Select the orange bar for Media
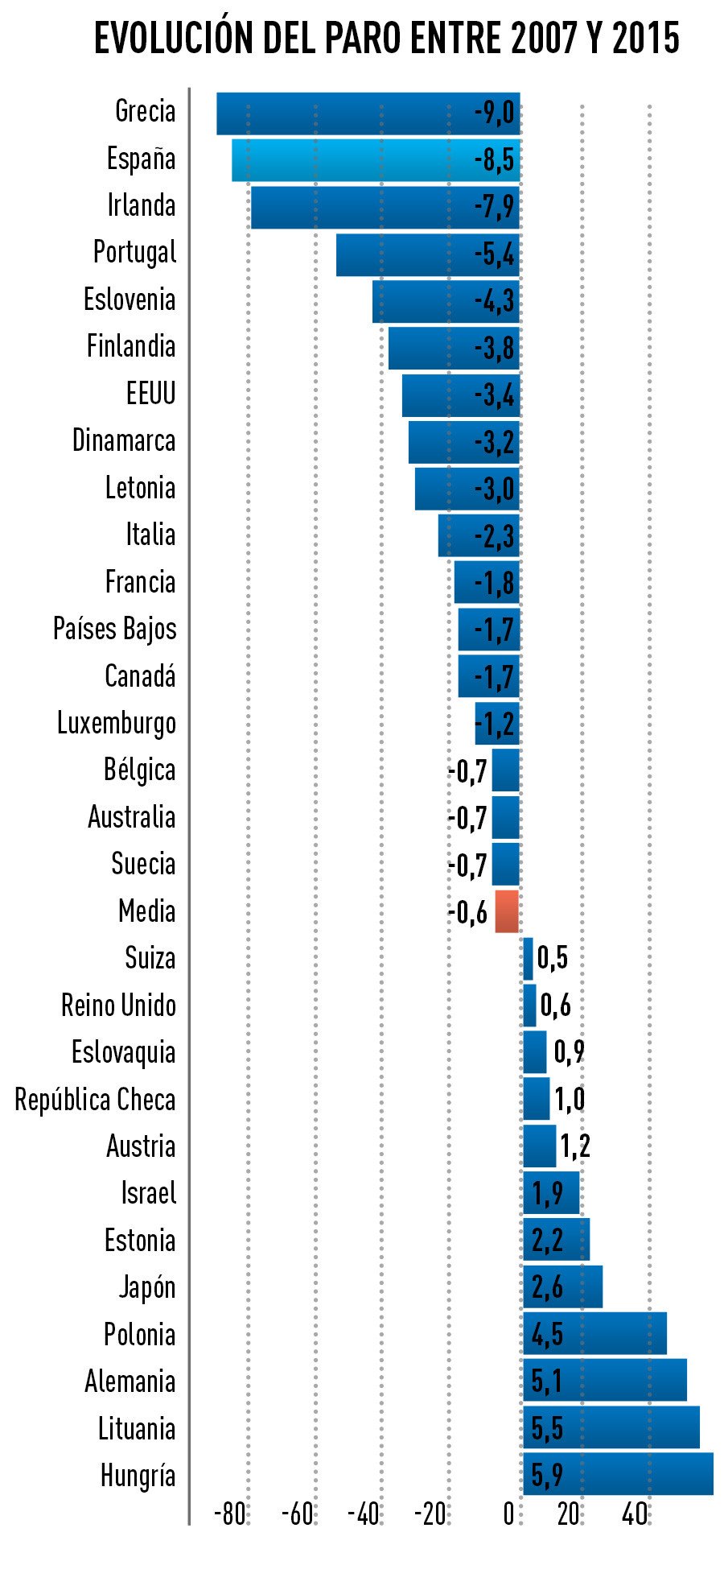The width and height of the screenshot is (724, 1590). tap(507, 911)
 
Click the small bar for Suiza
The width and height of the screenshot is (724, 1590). tap(528, 958)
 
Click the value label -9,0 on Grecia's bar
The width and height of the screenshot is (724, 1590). tap(494, 113)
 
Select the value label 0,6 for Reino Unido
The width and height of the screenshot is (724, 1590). tap(555, 1005)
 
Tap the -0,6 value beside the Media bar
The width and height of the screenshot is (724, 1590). tap(467, 912)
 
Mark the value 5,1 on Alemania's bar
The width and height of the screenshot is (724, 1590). tap(546, 1381)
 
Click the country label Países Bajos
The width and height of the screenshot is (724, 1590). tap(115, 629)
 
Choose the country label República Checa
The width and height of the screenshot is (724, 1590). tap(95, 1100)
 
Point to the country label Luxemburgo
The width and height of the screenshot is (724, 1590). tap(117, 723)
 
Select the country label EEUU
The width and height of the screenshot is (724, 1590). tap(150, 394)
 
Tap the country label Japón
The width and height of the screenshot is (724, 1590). tap(147, 1287)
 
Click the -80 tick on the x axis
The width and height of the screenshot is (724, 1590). tap(229, 1514)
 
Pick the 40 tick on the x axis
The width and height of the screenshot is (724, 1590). tap(636, 1514)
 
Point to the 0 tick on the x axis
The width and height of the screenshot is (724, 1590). tap(508, 1514)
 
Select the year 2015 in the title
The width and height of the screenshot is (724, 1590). tap(645, 38)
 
